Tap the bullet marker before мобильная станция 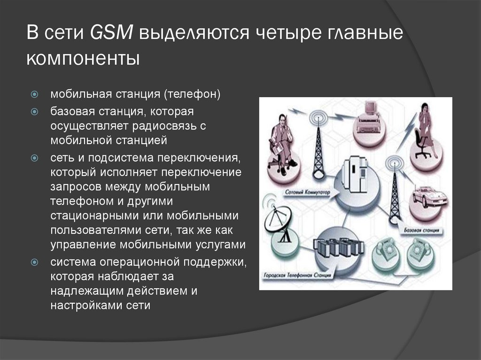click(35, 94)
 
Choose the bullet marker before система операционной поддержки click(35, 261)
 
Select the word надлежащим click(87, 291)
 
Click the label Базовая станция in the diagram click(421, 231)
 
